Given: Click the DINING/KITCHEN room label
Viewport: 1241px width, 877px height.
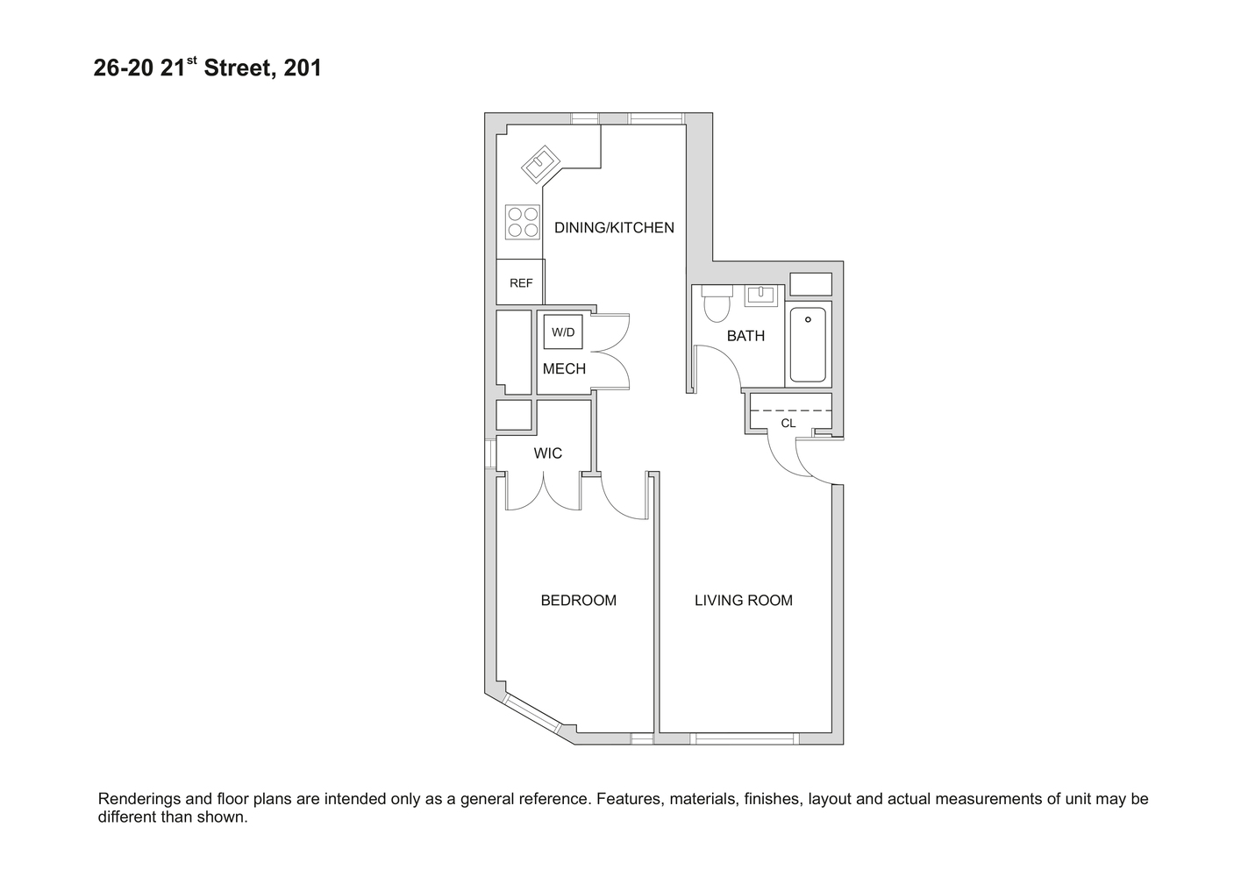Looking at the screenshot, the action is (614, 228).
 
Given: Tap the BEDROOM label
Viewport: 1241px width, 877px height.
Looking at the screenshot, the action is (578, 601).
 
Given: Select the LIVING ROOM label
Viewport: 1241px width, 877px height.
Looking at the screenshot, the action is (743, 601).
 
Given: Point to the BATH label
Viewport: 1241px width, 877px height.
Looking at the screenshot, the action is (745, 336).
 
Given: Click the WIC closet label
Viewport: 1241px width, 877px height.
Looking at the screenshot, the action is (548, 453).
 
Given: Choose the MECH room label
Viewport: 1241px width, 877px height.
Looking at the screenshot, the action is (564, 368).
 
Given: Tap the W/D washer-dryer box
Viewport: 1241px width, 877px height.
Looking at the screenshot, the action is (563, 332).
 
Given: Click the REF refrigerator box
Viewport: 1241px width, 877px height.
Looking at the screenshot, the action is (521, 282).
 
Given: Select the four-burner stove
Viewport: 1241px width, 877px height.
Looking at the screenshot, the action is (523, 222).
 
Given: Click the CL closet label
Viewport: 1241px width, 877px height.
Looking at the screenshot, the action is (788, 424).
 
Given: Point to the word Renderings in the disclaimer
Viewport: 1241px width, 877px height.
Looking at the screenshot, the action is (141, 799).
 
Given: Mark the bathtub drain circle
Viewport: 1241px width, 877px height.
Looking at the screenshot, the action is (808, 320).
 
